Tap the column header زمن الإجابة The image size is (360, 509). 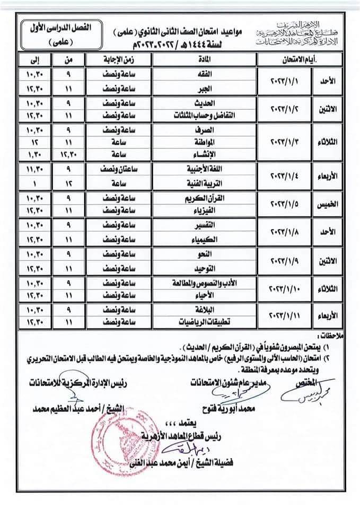(x=113, y=59)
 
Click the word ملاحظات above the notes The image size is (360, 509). (x=339, y=336)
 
